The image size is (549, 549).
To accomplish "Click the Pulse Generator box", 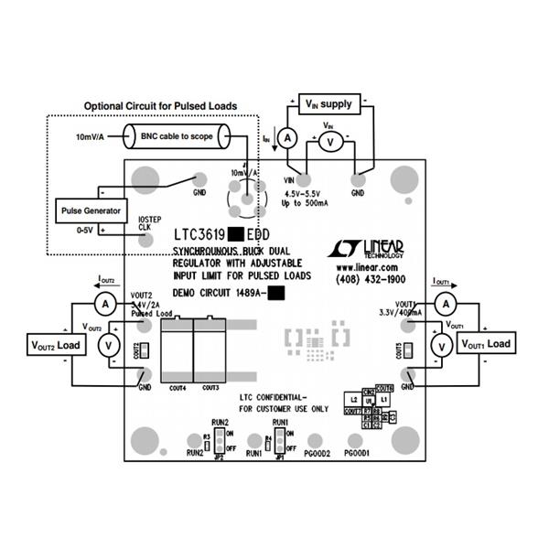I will [86, 210].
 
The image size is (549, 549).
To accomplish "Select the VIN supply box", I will [327, 103].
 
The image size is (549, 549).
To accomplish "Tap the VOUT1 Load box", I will [486, 344].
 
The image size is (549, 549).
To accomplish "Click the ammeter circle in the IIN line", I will [286, 138].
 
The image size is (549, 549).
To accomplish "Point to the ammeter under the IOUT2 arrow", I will [105, 302].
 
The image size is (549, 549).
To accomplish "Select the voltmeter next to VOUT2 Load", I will [106, 344].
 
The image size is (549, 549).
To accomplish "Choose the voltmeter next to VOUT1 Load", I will [441, 345].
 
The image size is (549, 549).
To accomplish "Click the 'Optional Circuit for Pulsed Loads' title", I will [160, 106].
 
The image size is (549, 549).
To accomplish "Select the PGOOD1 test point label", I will [358, 453].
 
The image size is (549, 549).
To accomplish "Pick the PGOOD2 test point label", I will [317, 453].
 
